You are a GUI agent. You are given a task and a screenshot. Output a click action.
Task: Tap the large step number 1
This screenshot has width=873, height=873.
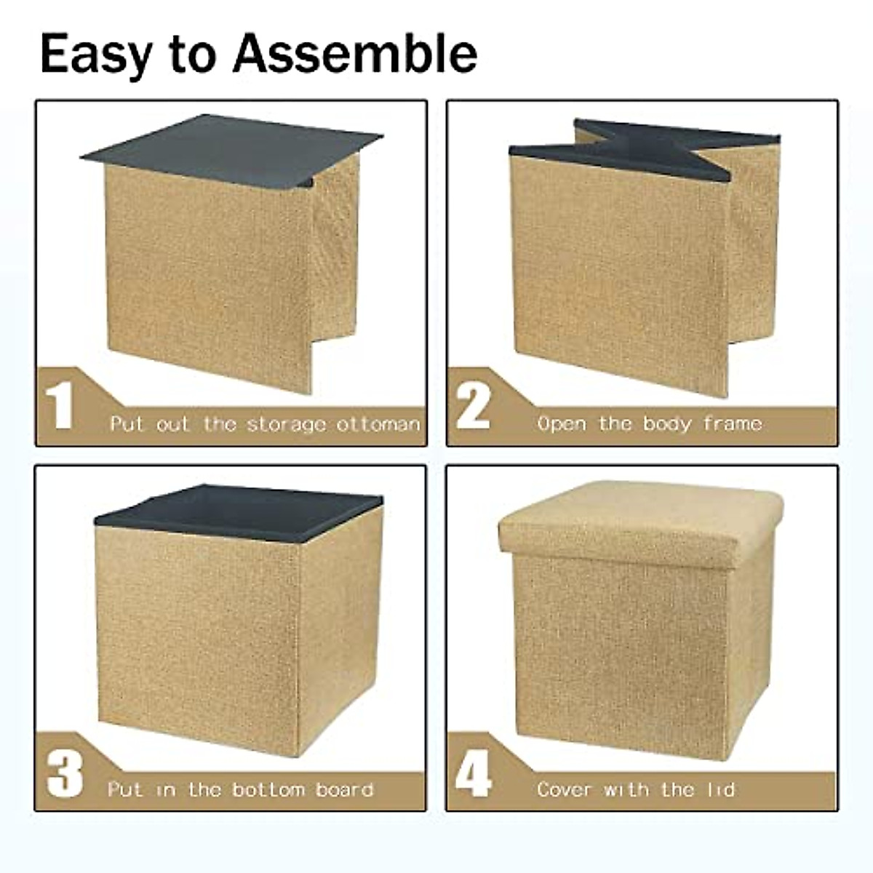click(x=60, y=408)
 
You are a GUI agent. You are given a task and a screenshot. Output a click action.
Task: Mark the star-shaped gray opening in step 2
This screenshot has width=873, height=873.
click(x=640, y=149)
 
